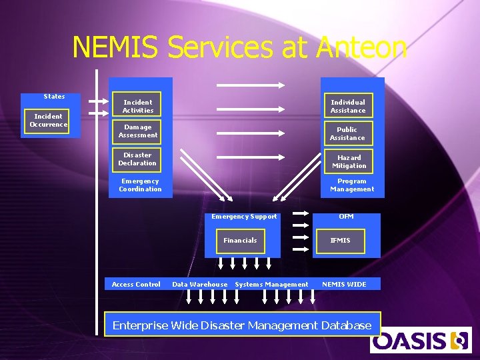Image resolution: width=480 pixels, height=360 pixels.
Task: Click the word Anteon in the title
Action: pyautogui.click(x=362, y=48)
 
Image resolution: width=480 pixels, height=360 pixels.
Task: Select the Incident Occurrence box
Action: pyautogui.click(x=48, y=121)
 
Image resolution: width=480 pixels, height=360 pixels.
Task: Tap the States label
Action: pyautogui.click(x=54, y=97)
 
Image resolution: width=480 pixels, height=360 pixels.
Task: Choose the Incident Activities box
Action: pyautogui.click(x=137, y=106)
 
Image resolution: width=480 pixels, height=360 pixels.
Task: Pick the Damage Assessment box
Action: pyautogui.click(x=137, y=131)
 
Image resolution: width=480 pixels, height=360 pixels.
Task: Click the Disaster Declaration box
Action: pyautogui.click(x=137, y=159)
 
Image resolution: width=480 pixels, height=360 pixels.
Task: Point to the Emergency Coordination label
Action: pyautogui.click(x=140, y=185)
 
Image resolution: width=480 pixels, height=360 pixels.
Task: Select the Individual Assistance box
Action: pyautogui.click(x=347, y=106)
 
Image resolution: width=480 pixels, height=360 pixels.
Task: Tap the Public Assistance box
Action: pyautogui.click(x=347, y=133)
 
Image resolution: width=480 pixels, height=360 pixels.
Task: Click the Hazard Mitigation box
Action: pyautogui.click(x=349, y=161)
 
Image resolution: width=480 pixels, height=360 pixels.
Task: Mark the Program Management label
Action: pyautogui.click(x=352, y=185)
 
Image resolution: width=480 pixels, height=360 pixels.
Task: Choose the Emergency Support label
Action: pyautogui.click(x=244, y=217)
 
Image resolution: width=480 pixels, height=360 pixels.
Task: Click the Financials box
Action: pyautogui.click(x=240, y=240)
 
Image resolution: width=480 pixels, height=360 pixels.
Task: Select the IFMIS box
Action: pyautogui.click(x=340, y=241)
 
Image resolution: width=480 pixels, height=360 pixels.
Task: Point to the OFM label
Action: pyautogui.click(x=346, y=217)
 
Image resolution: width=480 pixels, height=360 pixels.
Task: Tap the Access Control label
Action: pyautogui.click(x=136, y=285)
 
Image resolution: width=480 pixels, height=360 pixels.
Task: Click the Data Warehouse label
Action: pyautogui.click(x=199, y=285)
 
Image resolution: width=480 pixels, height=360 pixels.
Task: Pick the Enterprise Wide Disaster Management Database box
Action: pyautogui.click(x=242, y=325)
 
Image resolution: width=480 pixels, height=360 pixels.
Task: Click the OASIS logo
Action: pyautogui.click(x=420, y=340)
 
